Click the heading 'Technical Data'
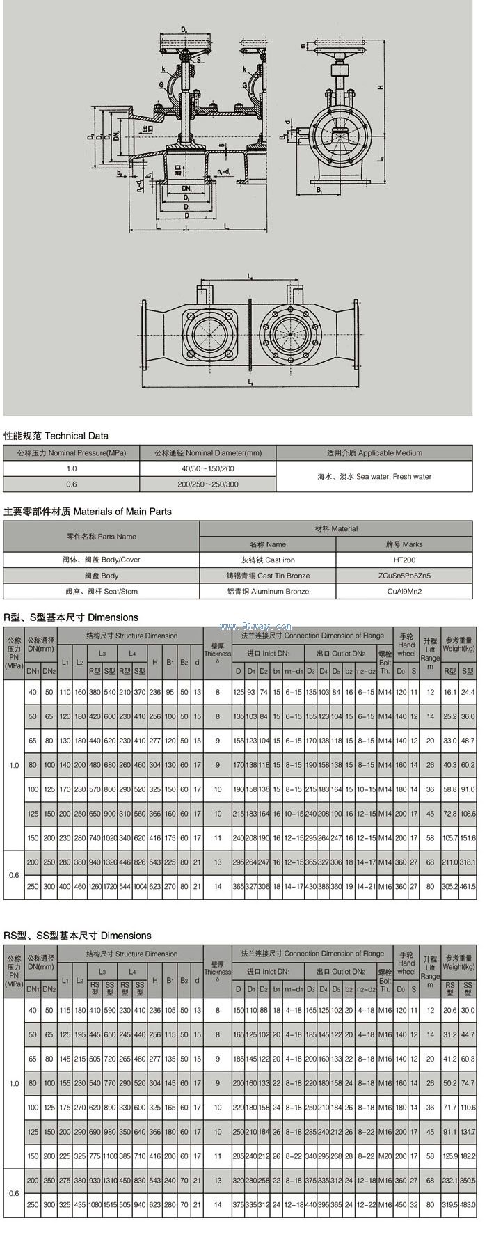(x=56, y=436)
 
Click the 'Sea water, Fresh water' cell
(x=374, y=477)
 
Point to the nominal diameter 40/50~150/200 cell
(x=208, y=469)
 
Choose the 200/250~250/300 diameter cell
(x=208, y=484)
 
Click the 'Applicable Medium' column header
(x=374, y=452)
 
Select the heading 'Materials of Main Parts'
(x=88, y=512)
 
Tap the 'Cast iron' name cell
(x=268, y=560)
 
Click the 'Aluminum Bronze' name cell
(x=268, y=591)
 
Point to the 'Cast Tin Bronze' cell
(x=268, y=576)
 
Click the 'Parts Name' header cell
(x=102, y=537)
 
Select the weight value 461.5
(x=468, y=887)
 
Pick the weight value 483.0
(x=468, y=1205)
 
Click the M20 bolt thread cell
(x=385, y=1156)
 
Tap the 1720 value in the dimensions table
(x=110, y=887)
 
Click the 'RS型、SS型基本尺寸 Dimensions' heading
(x=77, y=936)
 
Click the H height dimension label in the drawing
(x=380, y=88)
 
